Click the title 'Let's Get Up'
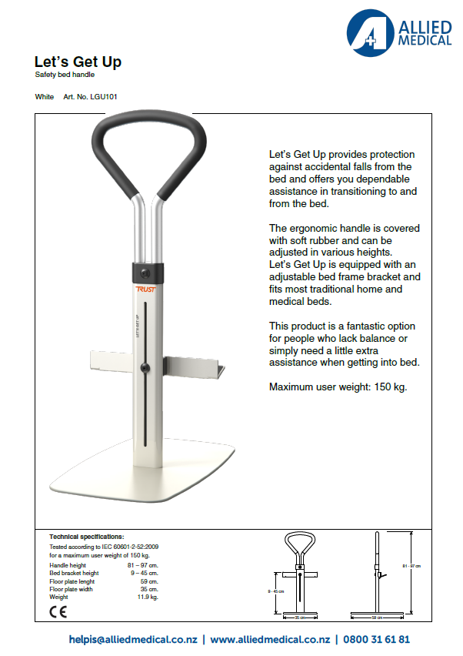coord(78,62)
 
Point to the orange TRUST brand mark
coord(145,289)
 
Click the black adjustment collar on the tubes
coord(147,272)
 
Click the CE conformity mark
coord(58,613)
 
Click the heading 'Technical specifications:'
coord(86,536)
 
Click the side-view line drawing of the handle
coord(379,574)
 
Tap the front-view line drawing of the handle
coord(296,574)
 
